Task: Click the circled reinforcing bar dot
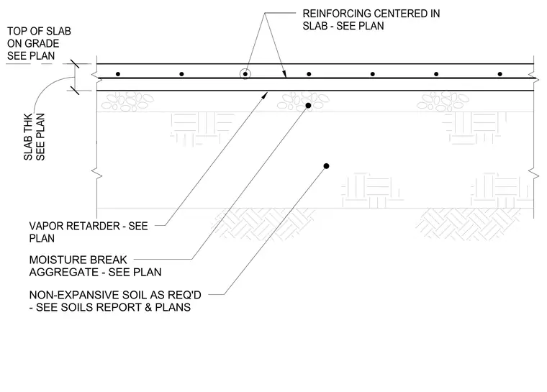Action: coord(245,74)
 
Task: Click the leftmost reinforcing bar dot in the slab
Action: coord(118,74)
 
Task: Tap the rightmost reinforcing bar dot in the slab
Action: coord(500,74)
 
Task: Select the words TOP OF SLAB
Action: coord(39,32)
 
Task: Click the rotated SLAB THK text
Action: coord(28,137)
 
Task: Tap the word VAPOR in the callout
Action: coord(45,226)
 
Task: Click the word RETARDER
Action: coord(92,226)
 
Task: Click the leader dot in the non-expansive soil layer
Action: coord(326,166)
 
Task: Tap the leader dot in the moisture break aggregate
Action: coord(308,105)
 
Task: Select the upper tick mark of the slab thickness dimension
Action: coord(75,64)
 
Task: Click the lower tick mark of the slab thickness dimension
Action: coord(75,91)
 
